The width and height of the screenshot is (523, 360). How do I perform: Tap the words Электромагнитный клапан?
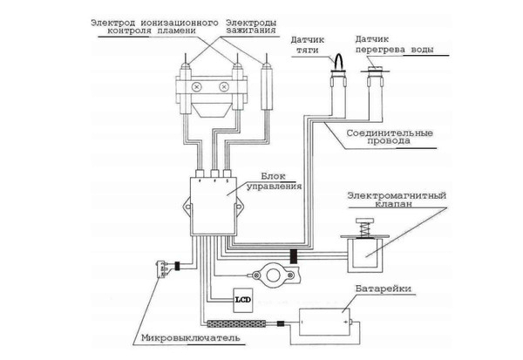tap(397, 200)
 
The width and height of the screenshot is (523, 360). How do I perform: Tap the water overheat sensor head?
tap(377, 79)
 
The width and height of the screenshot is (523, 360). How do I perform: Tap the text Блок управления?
tap(284, 180)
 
